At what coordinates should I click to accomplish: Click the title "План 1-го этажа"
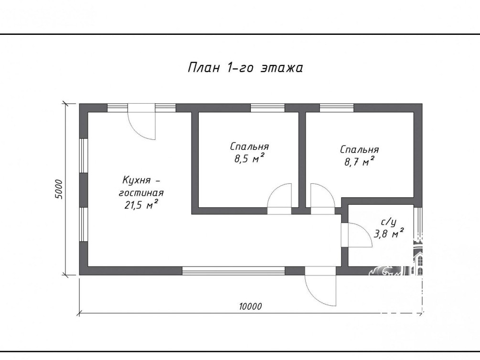[x=245, y=68]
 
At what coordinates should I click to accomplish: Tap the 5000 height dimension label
[x=58, y=189]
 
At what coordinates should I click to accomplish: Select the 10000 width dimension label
[x=251, y=306]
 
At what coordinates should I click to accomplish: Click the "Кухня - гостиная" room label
[x=141, y=186]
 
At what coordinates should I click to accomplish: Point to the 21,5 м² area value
[x=141, y=204]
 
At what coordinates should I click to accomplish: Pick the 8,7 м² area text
[x=360, y=161]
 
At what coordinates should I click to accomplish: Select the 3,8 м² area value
[x=388, y=234]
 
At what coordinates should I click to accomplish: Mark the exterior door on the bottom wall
[x=320, y=286]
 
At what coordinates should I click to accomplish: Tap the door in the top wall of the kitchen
[x=142, y=122]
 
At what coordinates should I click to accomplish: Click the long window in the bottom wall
[x=234, y=271]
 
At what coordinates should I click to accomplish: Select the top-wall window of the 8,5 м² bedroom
[x=267, y=108]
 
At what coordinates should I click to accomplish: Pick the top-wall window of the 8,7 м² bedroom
[x=337, y=108]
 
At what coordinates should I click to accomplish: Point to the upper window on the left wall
[x=84, y=156]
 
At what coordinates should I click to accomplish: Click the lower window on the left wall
[x=84, y=224]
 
